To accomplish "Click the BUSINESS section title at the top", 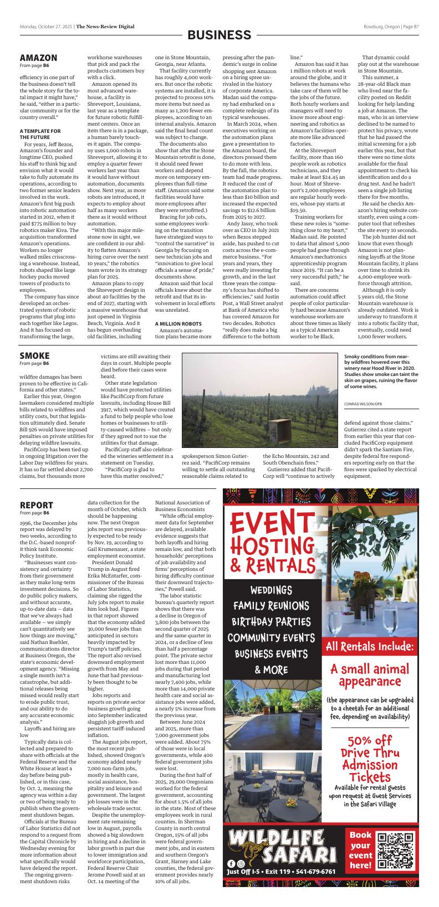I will pyautogui.click(x=219, y=35).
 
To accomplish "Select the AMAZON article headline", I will pyautogui.click(x=38, y=58).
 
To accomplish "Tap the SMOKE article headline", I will pyautogui.click(x=34, y=355).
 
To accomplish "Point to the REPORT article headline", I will pyautogui.click(x=37, y=505).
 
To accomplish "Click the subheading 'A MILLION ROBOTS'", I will pyautogui.click(x=178, y=323).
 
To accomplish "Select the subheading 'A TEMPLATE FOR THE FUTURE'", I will pyautogui.click(x=40, y=134).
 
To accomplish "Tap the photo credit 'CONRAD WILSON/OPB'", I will pyautogui.click(x=363, y=404).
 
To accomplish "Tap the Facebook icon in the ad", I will pyautogui.click(x=231, y=863).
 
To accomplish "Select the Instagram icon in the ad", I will pyautogui.click(x=241, y=863).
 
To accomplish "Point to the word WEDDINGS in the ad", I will pyautogui.click(x=270, y=590).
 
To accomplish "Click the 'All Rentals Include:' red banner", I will pyautogui.click(x=370, y=646).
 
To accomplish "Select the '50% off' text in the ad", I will pyautogui.click(x=370, y=741).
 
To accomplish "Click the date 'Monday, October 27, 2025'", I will pyautogui.click(x=46, y=26).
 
